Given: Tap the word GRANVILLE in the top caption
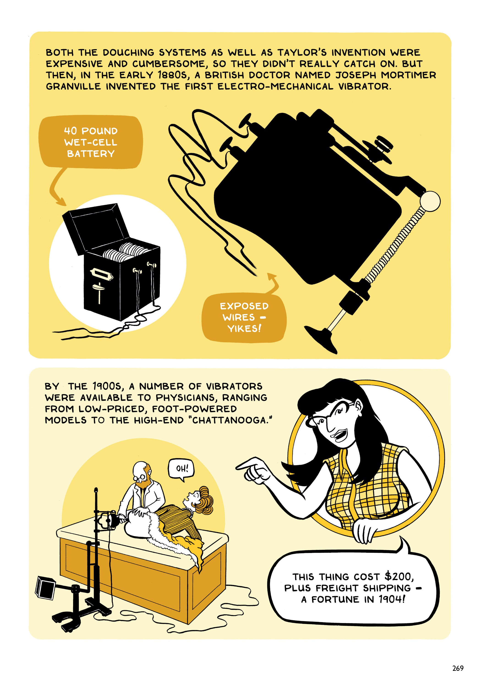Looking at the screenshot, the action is pyautogui.click(x=73, y=87).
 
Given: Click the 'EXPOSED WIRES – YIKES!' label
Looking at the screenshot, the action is pyautogui.click(x=244, y=317).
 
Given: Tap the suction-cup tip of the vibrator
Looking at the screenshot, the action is pyautogui.click(x=322, y=338).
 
